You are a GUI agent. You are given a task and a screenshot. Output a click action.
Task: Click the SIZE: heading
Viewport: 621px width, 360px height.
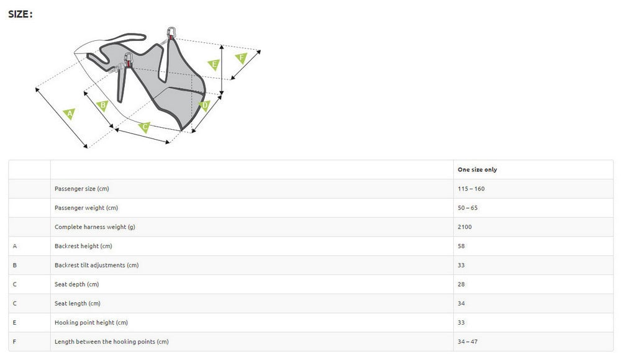click(20, 14)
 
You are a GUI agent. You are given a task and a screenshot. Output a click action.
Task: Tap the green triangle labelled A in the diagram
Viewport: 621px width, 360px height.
click(69, 114)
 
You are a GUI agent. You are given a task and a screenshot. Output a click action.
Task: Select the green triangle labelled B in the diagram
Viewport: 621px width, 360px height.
click(103, 106)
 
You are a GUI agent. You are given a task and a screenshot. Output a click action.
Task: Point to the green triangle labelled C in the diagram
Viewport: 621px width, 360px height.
click(145, 127)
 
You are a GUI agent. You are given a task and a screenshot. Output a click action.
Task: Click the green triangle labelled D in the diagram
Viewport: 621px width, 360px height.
click(205, 106)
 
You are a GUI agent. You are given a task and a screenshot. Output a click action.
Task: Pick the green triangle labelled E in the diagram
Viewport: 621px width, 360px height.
click(214, 65)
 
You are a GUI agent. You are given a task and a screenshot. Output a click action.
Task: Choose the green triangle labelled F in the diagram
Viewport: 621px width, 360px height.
click(242, 58)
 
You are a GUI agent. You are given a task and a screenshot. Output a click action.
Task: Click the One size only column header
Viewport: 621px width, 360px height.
click(477, 169)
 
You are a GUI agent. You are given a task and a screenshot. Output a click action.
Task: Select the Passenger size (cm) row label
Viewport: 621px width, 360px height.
click(81, 189)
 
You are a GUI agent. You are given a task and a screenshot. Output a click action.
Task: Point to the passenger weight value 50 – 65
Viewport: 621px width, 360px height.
click(468, 208)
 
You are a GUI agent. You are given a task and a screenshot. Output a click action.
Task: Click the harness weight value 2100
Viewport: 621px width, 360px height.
click(465, 227)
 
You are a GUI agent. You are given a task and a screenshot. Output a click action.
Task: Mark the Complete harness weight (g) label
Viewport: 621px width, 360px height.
click(94, 227)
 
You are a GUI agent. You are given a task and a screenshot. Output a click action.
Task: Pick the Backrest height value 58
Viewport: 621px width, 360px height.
click(461, 246)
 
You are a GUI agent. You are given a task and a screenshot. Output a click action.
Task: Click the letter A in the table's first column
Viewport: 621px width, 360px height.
click(15, 246)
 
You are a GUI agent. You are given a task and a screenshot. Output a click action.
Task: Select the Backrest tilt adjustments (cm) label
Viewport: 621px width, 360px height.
click(96, 265)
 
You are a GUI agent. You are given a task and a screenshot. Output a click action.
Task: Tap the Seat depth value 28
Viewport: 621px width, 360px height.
click(461, 284)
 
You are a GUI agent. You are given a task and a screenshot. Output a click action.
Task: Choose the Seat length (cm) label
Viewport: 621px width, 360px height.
click(77, 304)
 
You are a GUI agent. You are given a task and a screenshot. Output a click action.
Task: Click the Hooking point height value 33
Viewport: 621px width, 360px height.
click(461, 323)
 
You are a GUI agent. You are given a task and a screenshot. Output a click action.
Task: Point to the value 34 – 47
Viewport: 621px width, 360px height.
click(468, 342)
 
